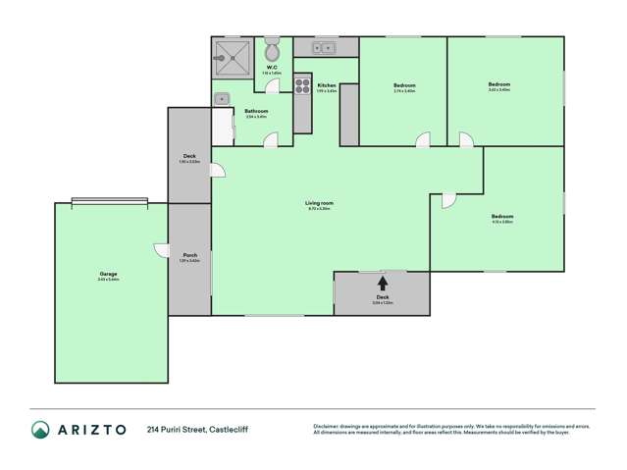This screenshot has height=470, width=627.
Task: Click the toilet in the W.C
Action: point(274,50)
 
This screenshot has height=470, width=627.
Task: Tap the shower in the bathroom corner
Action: point(230,56)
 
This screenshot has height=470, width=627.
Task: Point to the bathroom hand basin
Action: point(223,98)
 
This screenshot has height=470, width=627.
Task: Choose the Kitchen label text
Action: point(327,85)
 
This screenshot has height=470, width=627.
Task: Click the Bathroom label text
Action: point(255,111)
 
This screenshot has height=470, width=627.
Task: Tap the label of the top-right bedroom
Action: point(499,84)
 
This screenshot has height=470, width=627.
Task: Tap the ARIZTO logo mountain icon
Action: point(40,429)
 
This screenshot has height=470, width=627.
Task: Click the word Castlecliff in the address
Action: point(230,430)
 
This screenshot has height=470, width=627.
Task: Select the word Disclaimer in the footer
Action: point(326,426)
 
